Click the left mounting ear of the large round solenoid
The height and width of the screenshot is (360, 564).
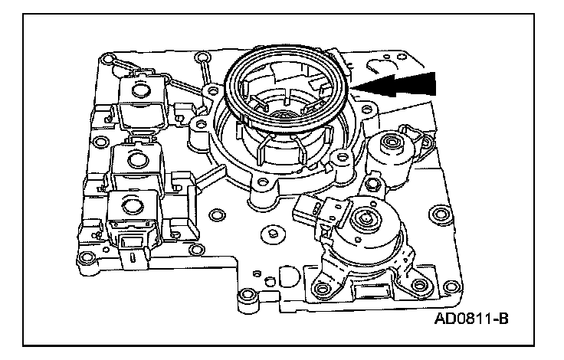point(323,289)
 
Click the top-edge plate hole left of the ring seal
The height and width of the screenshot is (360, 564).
point(204,57)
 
